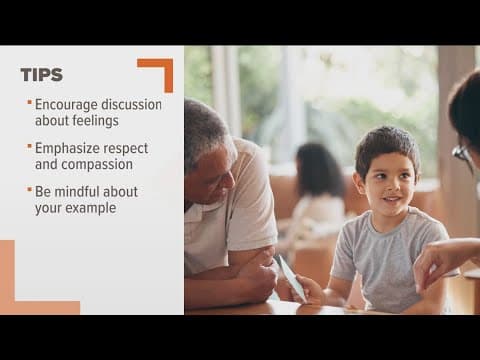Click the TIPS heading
coord(41,75)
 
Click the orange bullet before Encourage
coord(29,102)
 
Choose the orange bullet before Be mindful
coord(29,189)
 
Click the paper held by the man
coord(290,278)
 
